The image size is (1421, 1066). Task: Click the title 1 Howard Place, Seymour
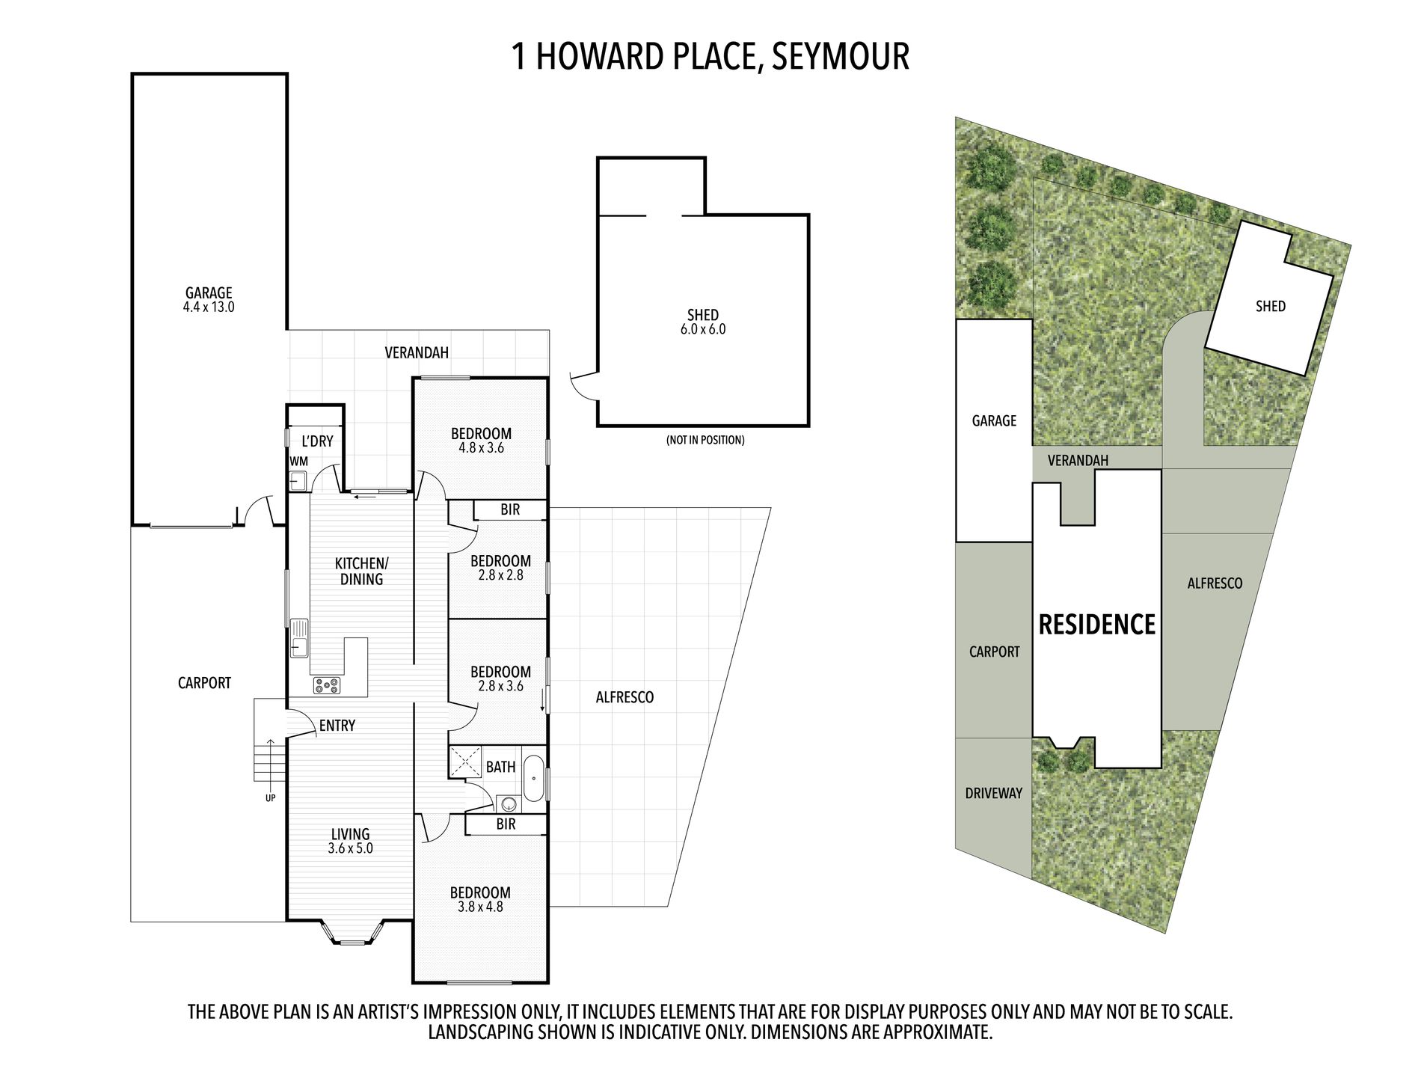pyautogui.click(x=710, y=56)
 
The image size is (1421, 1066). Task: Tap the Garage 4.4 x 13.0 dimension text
pyautogui.click(x=209, y=307)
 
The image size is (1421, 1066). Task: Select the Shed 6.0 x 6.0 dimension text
pyautogui.click(x=703, y=329)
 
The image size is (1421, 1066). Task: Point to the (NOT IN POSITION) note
pyautogui.click(x=705, y=440)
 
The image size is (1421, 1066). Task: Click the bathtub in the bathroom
pyautogui.click(x=534, y=779)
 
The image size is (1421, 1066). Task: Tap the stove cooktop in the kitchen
pyautogui.click(x=327, y=684)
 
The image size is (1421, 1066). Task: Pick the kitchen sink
pyautogui.click(x=299, y=638)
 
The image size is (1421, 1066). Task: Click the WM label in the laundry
pyautogui.click(x=298, y=462)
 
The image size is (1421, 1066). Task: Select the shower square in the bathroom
pyautogui.click(x=465, y=762)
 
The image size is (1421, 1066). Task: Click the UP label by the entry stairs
pyautogui.click(x=270, y=798)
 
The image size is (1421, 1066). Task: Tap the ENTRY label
pyautogui.click(x=337, y=726)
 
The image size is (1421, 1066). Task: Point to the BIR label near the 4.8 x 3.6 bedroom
pyautogui.click(x=510, y=509)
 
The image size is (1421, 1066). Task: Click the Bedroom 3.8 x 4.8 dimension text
pyautogui.click(x=480, y=907)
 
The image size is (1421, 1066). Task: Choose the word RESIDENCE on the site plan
pyautogui.click(x=1097, y=625)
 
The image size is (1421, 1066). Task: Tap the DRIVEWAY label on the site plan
pyautogui.click(x=993, y=793)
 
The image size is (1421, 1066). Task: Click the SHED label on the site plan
pyautogui.click(x=1271, y=306)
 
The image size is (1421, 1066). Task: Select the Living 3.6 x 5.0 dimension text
pyautogui.click(x=350, y=848)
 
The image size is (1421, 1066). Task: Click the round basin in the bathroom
pyautogui.click(x=509, y=805)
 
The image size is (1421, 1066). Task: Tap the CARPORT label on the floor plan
pyautogui.click(x=204, y=683)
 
